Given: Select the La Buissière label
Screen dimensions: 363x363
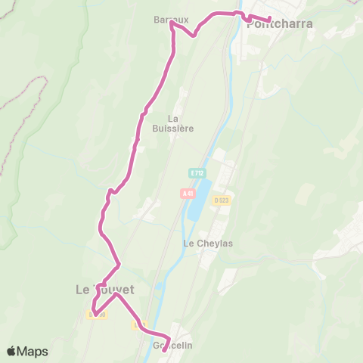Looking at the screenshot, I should pyautogui.click(x=181, y=123).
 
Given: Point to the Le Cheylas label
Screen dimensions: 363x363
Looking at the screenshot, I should pyautogui.click(x=200, y=244).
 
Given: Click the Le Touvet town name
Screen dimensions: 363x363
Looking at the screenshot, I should pyautogui.click(x=104, y=289).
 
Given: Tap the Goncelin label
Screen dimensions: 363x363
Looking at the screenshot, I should pyautogui.click(x=172, y=346).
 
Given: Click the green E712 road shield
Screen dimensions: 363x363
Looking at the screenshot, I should pyautogui.click(x=197, y=173).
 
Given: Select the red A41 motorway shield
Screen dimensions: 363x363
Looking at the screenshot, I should pyautogui.click(x=188, y=194).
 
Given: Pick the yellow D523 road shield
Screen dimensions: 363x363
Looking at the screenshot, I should pyautogui.click(x=221, y=200).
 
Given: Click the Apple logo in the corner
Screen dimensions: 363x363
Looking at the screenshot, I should pyautogui.click(x=12, y=351).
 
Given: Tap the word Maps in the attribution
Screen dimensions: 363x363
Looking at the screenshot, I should pyautogui.click(x=33, y=351).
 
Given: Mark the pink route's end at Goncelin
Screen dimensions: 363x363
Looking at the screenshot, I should pyautogui.click(x=163, y=349).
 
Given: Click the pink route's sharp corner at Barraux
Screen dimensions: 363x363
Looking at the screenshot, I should pyautogui.click(x=172, y=23).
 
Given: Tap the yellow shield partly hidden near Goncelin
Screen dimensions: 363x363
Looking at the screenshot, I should pyautogui.click(x=138, y=326).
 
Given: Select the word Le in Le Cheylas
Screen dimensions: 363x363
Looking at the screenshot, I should pyautogui.click(x=189, y=244).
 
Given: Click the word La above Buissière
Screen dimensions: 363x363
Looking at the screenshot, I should pyautogui.click(x=173, y=118).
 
